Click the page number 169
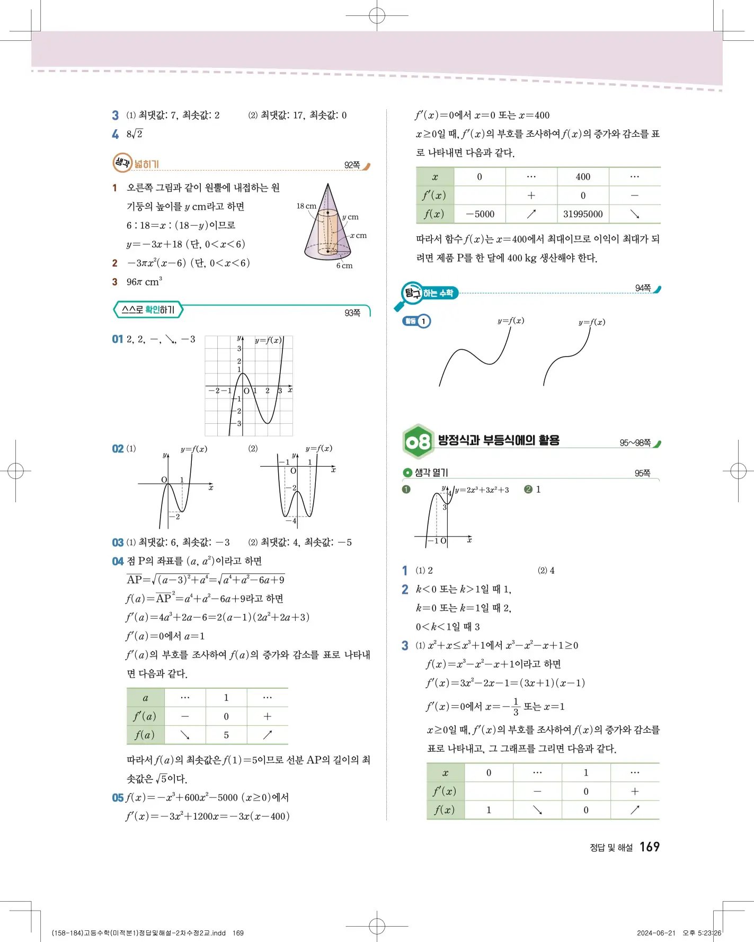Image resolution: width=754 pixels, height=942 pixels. click(x=649, y=847)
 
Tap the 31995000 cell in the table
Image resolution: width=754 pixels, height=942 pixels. click(x=583, y=214)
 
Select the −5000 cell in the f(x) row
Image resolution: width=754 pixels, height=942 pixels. click(x=480, y=214)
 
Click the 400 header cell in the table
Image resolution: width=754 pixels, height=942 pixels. click(x=583, y=177)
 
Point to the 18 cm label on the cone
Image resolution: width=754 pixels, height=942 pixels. click(x=306, y=206)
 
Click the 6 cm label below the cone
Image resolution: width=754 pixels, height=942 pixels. click(x=344, y=265)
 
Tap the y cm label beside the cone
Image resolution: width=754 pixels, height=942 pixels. click(x=350, y=217)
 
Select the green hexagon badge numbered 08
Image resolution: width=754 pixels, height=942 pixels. click(x=418, y=441)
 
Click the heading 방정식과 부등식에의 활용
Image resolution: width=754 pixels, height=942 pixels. click(x=499, y=440)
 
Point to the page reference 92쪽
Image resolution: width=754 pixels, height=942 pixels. click(x=352, y=165)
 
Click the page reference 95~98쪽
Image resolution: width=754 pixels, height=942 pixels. click(x=635, y=443)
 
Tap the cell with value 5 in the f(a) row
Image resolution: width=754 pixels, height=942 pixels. click(x=226, y=735)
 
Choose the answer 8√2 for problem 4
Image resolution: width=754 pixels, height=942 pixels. click(x=135, y=134)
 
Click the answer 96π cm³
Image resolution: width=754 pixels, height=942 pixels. click(x=144, y=282)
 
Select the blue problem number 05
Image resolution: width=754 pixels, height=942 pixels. click(x=118, y=798)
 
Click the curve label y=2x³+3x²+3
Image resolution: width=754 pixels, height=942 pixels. click(x=482, y=490)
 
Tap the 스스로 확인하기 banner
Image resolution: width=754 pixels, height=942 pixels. click(x=148, y=310)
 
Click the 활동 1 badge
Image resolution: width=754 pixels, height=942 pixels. click(x=417, y=321)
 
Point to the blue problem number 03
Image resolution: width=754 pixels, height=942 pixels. click(x=118, y=543)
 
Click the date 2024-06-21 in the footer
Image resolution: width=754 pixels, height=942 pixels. click(x=656, y=933)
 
